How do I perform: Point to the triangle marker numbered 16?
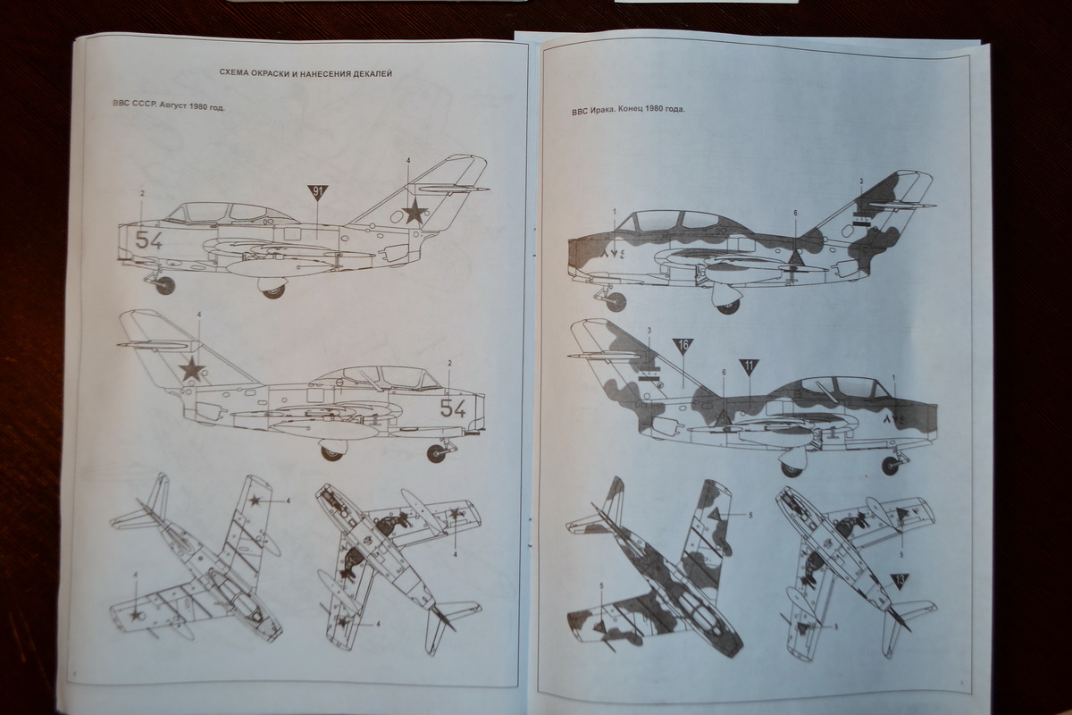coord(683,344)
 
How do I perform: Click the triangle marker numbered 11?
coord(749,365)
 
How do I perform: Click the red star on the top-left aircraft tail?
coord(413,211)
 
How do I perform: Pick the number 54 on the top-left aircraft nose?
coord(149,240)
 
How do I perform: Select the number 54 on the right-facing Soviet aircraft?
coord(453,409)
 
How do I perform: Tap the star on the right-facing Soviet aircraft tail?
coord(190,368)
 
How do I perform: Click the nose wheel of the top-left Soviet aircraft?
coord(165,285)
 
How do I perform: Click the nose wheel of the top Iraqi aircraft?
coord(616,301)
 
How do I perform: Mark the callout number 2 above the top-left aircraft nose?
coord(141,194)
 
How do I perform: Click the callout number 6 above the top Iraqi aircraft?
coord(795,213)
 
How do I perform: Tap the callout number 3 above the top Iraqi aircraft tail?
coord(861,181)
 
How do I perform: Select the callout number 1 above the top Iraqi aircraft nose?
coord(615,211)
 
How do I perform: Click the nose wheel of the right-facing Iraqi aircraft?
coord(890,462)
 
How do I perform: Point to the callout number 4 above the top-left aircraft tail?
coord(407,160)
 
